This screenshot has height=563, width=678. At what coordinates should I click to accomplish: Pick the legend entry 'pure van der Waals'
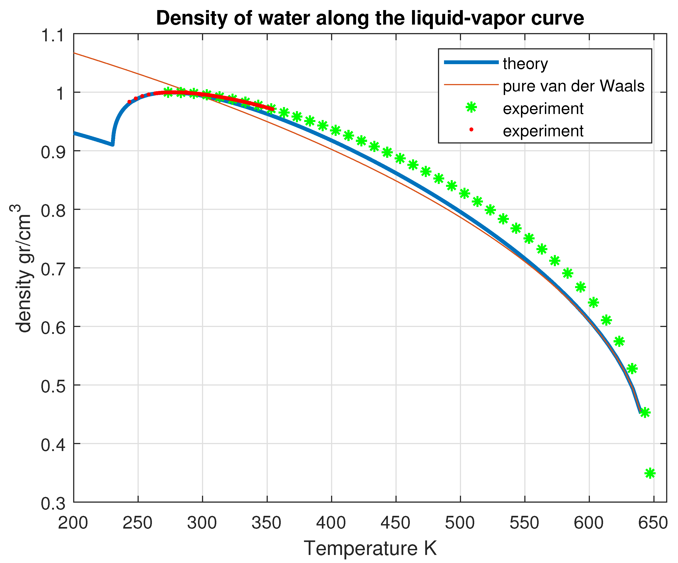tap(573, 86)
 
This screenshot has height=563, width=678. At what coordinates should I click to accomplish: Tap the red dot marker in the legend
tap(471, 130)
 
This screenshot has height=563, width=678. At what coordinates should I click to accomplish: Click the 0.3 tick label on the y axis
tap(52, 503)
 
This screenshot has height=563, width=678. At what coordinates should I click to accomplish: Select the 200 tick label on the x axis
tap(73, 523)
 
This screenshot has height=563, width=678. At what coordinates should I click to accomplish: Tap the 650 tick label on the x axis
tap(653, 523)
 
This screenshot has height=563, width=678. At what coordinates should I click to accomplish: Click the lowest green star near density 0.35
tap(650, 473)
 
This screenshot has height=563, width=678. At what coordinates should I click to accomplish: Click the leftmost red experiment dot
tap(130, 102)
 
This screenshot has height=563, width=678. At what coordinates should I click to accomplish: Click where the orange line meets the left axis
tap(74, 53)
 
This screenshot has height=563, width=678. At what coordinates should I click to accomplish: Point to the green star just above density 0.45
tap(645, 412)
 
